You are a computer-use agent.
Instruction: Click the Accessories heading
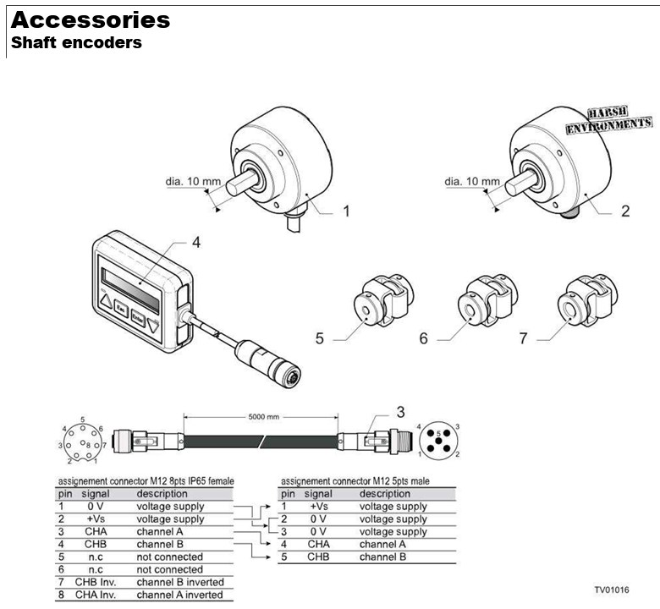(x=91, y=20)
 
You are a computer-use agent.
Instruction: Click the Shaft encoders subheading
(x=76, y=42)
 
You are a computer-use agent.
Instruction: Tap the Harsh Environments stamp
(x=609, y=118)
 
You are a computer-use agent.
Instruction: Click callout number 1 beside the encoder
(x=345, y=210)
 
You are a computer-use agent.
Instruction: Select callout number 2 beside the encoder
(x=625, y=211)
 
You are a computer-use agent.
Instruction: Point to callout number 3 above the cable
(x=400, y=413)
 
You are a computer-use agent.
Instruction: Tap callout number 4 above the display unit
(x=195, y=242)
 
